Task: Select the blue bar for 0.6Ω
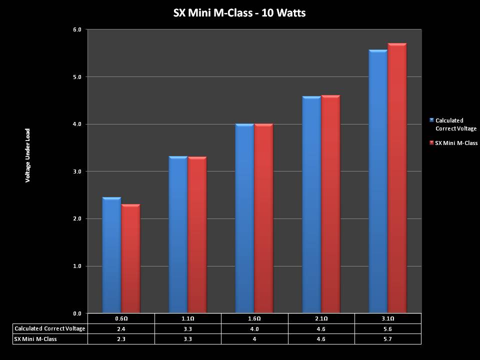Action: (x=111, y=255)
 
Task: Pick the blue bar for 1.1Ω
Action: (x=178, y=235)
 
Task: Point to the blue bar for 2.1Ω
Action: (x=311, y=205)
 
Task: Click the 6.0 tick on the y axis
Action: (x=77, y=30)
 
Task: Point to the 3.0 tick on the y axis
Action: (x=77, y=171)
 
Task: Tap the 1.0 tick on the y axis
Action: (x=77, y=266)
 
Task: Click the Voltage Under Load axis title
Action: (x=28, y=155)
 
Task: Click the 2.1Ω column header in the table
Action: (x=321, y=318)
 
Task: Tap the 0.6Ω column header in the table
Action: (x=121, y=318)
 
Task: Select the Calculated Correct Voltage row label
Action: (x=50, y=328)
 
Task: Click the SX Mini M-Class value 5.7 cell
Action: (x=387, y=339)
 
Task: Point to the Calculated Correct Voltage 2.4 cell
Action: (x=121, y=328)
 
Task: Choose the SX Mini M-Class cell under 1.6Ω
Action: (x=254, y=339)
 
